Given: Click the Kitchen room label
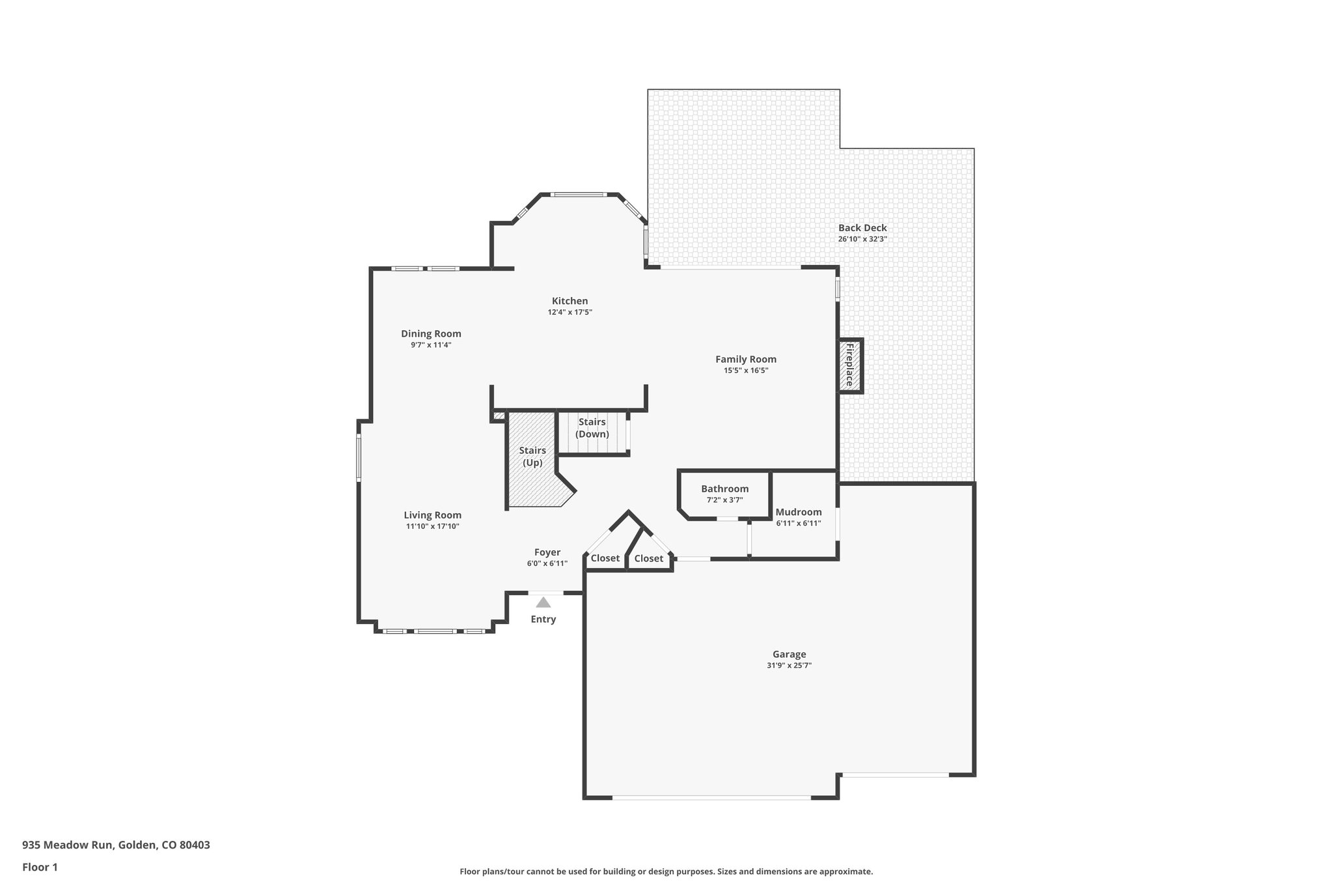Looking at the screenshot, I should click(570, 301).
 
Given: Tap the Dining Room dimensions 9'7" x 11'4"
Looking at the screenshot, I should click(431, 345).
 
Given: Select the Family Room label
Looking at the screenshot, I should click(745, 359).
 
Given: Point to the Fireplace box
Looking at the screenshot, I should click(849, 365).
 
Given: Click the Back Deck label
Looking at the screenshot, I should click(862, 228).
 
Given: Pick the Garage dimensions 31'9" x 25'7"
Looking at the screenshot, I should click(789, 666).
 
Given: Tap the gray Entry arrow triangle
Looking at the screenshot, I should click(543, 603).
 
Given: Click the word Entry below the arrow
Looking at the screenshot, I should click(543, 619).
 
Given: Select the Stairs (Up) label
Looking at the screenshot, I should click(532, 457).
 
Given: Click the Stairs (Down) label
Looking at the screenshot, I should click(592, 428).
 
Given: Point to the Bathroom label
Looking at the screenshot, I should click(724, 489).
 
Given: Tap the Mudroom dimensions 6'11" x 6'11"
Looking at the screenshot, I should click(798, 523).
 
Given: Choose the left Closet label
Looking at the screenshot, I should click(605, 558).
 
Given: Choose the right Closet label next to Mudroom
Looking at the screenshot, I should click(648, 558).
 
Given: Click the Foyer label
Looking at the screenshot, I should click(547, 552).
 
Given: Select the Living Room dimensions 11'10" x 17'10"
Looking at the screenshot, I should click(432, 526).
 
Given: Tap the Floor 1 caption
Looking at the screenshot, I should click(40, 867).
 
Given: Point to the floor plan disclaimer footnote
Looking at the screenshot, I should click(666, 871).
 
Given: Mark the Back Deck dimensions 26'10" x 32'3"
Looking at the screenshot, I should click(862, 239).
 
